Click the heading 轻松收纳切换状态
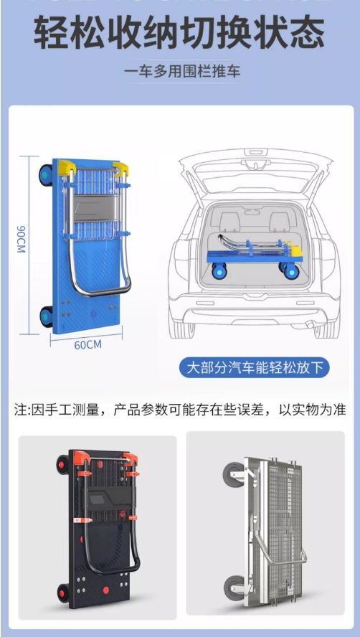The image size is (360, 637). point(179,34)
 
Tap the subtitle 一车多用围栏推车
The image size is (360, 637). point(179,72)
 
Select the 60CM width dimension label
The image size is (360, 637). point(87,344)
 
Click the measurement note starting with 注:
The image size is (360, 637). point(179,410)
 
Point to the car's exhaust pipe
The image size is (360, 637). point(313,327)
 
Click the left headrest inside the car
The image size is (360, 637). point(230,219)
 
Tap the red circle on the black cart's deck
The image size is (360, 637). point(106,590)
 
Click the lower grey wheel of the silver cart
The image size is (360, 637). point(234,587)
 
